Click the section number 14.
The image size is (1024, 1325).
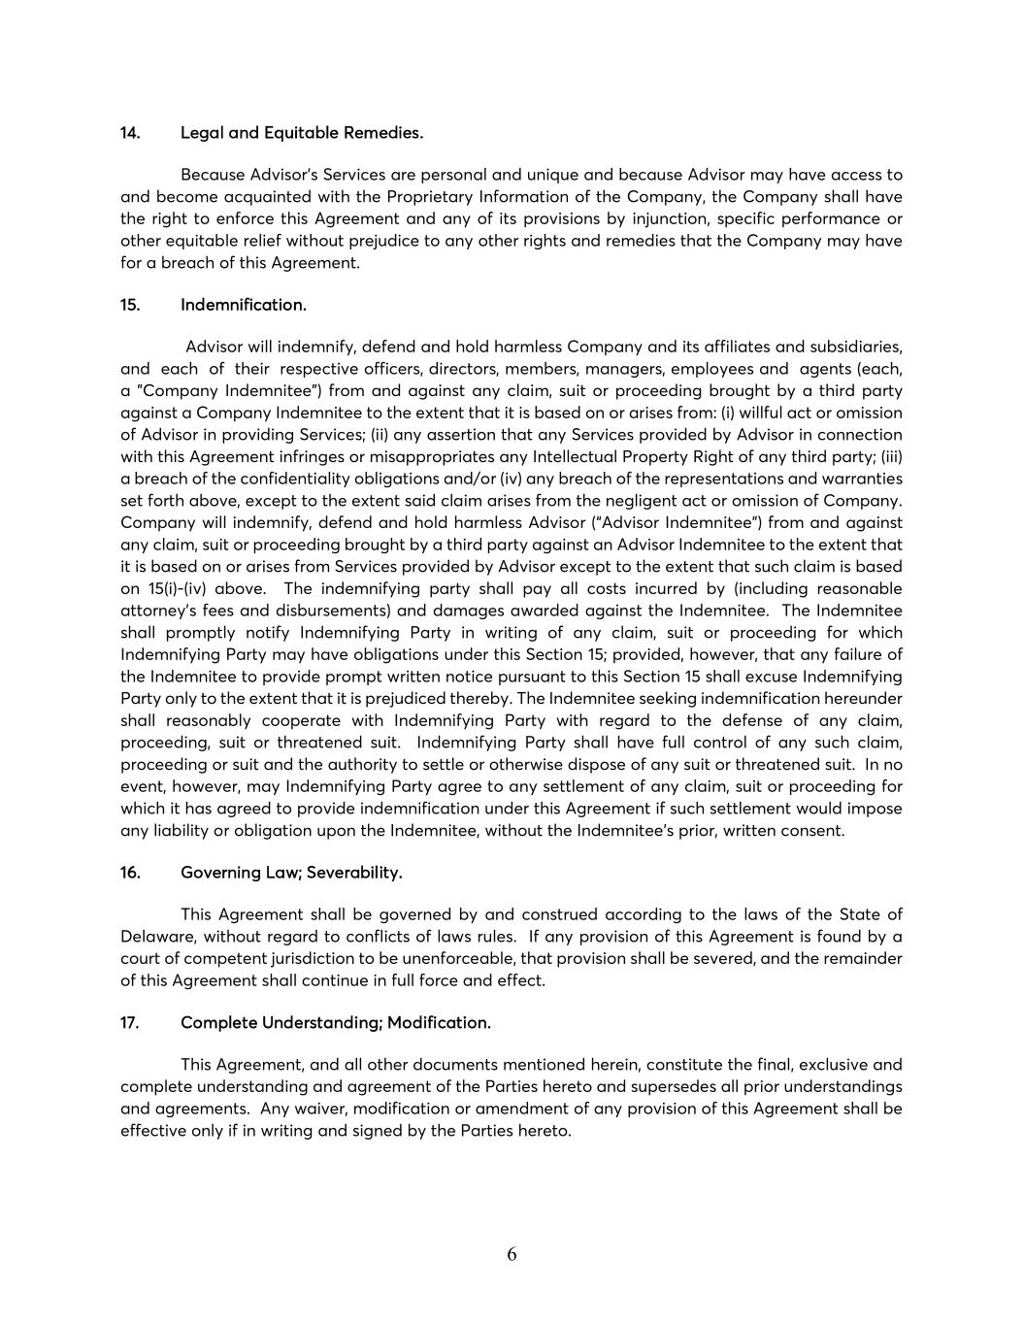[x=130, y=133]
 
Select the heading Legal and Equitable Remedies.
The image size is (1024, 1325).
[x=302, y=133]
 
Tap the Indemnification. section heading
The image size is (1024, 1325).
[x=244, y=305]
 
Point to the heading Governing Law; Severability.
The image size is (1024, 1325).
[x=291, y=873]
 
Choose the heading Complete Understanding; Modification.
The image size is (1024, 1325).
[x=336, y=1023]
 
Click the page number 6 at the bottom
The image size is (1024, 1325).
[x=512, y=1254]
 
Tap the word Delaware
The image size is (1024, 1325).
[x=157, y=937]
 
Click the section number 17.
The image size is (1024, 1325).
[x=130, y=1023]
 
